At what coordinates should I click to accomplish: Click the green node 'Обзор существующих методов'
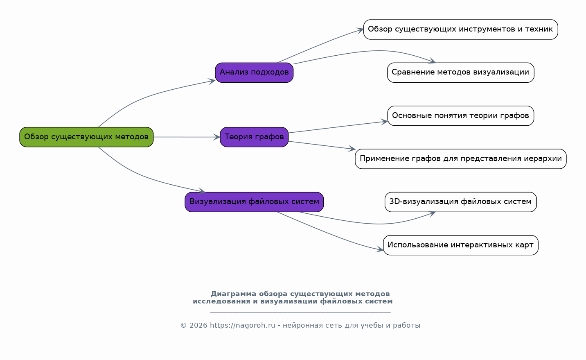86,137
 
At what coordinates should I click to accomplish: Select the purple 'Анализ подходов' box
254,72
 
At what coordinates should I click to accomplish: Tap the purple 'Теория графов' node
254,137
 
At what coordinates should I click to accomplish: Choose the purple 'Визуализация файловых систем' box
254,202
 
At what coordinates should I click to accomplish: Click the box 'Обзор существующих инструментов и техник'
460,29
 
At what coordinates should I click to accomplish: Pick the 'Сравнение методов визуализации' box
460,72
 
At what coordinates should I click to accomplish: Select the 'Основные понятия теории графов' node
460,116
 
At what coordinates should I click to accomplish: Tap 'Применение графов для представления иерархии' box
460,159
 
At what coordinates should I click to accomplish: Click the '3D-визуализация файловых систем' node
460,202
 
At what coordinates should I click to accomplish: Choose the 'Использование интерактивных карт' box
460,245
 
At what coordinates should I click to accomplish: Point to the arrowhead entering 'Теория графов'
217,137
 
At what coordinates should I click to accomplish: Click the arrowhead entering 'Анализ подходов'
212,81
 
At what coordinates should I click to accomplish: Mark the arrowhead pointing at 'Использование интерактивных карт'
380,249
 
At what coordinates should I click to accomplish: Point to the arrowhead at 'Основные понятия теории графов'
384,122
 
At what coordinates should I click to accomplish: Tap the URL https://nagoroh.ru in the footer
243,326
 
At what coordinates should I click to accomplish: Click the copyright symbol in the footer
183,326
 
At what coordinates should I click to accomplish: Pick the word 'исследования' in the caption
221,301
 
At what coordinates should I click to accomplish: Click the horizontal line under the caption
300,312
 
